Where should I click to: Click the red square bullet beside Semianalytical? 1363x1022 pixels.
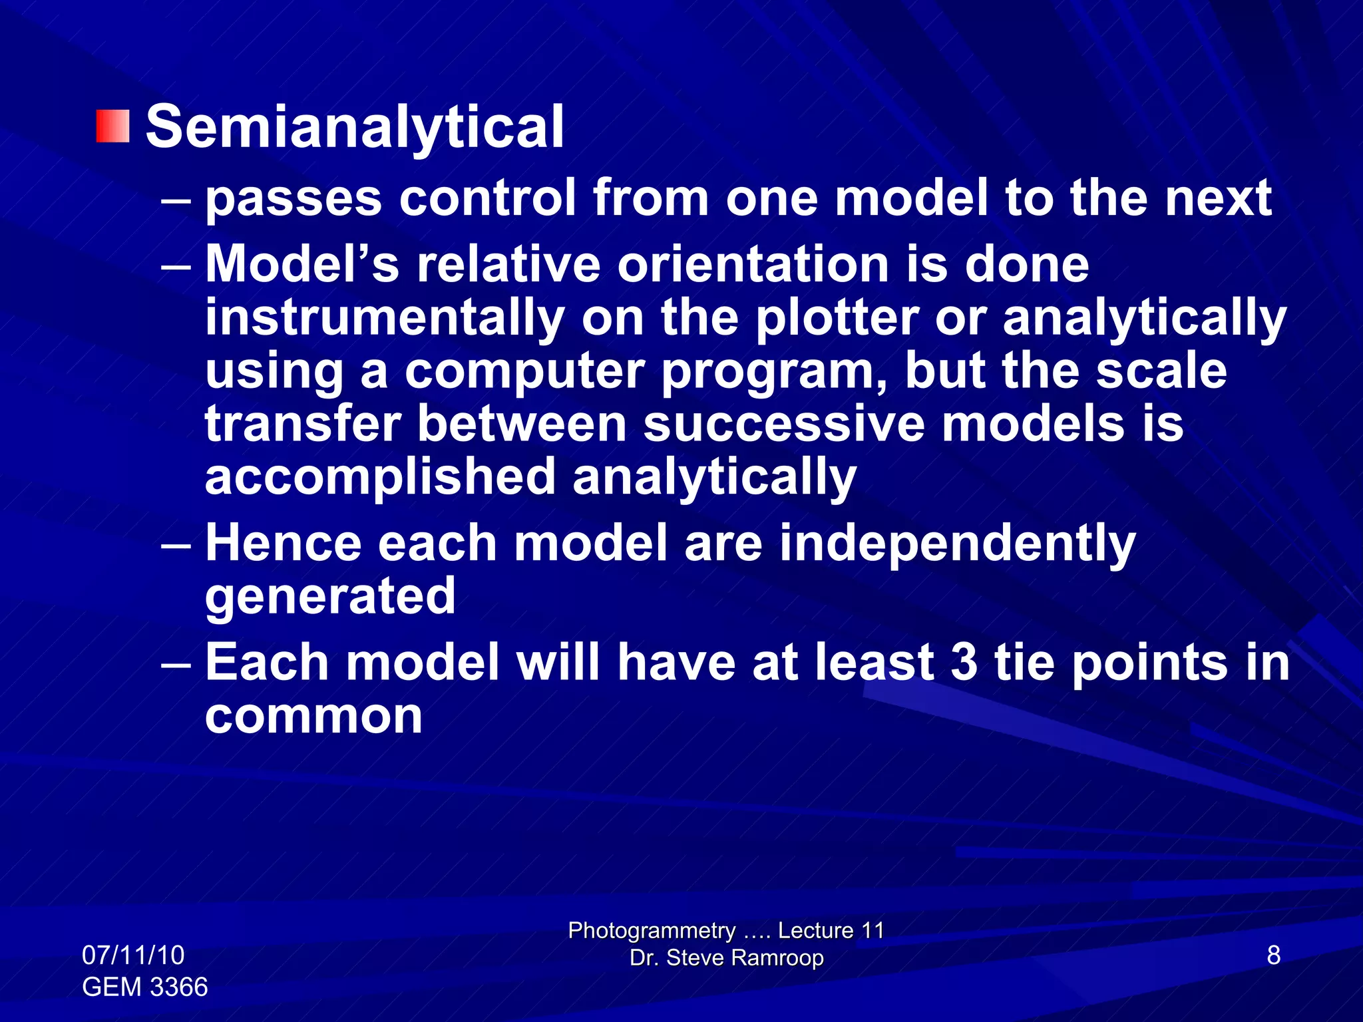[112, 126]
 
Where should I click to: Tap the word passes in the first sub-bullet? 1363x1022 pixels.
[293, 199]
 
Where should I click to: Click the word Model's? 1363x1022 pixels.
[301, 264]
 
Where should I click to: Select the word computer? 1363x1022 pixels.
[524, 373]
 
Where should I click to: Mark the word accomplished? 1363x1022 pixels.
[379, 478]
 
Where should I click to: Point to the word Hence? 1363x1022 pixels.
[283, 543]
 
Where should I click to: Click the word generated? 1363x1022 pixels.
[330, 597]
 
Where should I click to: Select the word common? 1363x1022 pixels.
[313, 717]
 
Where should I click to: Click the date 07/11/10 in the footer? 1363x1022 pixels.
[132, 955]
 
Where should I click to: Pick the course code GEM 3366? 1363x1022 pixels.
[144, 987]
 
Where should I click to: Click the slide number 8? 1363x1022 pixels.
[1273, 955]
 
